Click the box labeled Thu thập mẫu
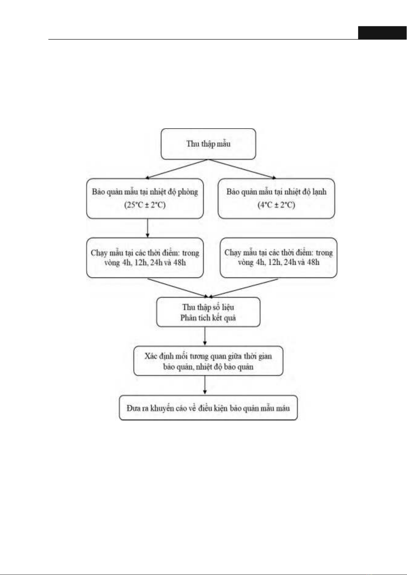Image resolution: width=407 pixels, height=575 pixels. click(208, 144)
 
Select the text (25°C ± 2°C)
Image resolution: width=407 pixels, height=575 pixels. click(145, 205)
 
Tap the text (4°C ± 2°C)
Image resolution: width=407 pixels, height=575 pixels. click(276, 205)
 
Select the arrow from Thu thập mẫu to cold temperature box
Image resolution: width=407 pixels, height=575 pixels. click(242, 169)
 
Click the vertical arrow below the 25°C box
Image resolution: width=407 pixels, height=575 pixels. click(148, 228)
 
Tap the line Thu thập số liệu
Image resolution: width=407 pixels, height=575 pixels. click(208, 307)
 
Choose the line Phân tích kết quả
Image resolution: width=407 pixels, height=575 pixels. click(208, 318)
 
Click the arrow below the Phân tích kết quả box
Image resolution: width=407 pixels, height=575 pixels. click(205, 336)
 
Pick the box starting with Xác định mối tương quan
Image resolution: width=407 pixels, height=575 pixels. click(208, 361)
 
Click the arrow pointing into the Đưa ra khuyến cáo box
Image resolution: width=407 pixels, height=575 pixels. click(205, 385)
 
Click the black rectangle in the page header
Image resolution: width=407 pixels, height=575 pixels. click(382, 33)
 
